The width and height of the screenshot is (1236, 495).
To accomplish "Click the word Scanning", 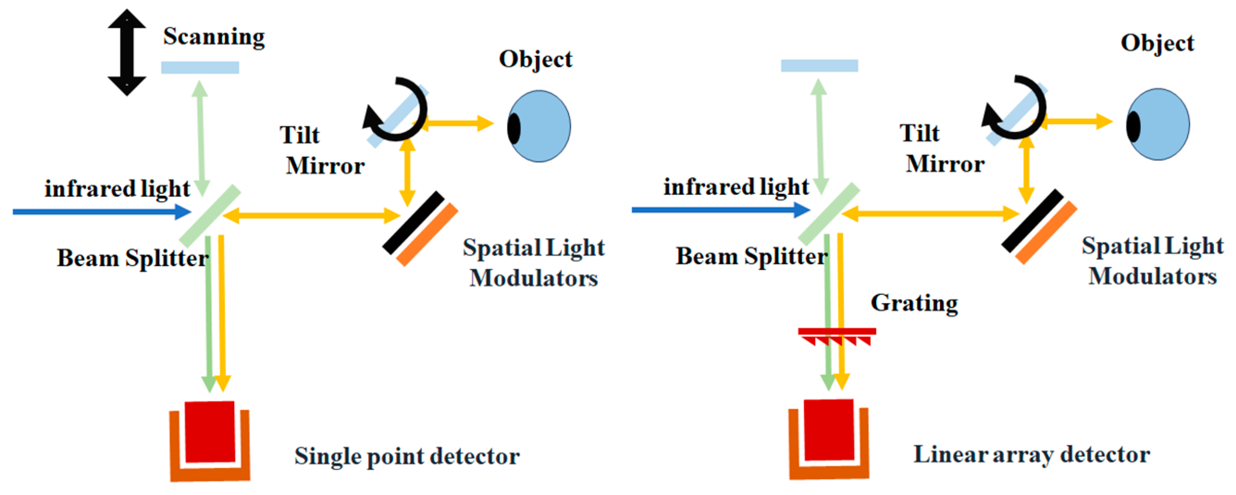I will (x=214, y=37).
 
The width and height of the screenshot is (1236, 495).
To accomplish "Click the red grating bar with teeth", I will (x=837, y=331).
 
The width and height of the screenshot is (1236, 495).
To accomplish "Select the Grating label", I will (x=914, y=303).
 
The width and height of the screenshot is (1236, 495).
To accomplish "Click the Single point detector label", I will (x=407, y=456).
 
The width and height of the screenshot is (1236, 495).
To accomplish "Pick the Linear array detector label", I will (x=1031, y=454).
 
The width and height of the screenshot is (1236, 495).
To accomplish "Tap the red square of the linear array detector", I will (x=828, y=430).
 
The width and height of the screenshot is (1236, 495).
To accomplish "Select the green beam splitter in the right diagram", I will (x=828, y=213).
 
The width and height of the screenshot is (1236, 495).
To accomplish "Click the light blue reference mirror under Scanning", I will (x=200, y=68).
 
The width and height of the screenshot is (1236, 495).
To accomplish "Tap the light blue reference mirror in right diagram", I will (x=819, y=66).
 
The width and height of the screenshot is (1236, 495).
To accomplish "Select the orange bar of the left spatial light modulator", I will (x=427, y=235).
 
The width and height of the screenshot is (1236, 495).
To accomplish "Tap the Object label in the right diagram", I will (x=1157, y=43).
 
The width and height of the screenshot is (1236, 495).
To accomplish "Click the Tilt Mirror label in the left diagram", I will (x=321, y=150).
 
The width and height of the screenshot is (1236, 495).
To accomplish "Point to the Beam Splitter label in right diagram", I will (x=751, y=257).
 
